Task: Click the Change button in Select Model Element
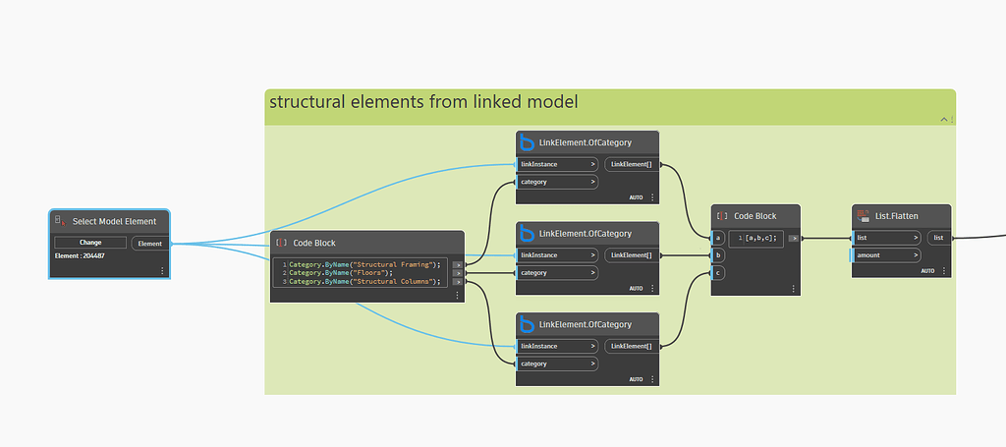click(90, 243)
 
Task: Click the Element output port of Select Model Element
click(150, 243)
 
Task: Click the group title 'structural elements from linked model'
click(421, 101)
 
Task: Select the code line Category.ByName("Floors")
click(340, 272)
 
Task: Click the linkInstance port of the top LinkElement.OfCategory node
click(557, 164)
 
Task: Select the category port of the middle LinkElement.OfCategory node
click(557, 272)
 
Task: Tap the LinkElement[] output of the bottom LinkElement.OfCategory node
click(630, 346)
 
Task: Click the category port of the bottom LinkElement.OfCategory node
click(557, 363)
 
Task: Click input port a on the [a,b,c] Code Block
click(719, 238)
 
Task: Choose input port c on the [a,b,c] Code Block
click(719, 272)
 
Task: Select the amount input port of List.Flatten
click(886, 254)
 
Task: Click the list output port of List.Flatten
click(939, 238)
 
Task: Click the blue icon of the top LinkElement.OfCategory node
click(527, 142)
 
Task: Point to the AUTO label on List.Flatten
click(927, 270)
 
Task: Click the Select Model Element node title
click(114, 221)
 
